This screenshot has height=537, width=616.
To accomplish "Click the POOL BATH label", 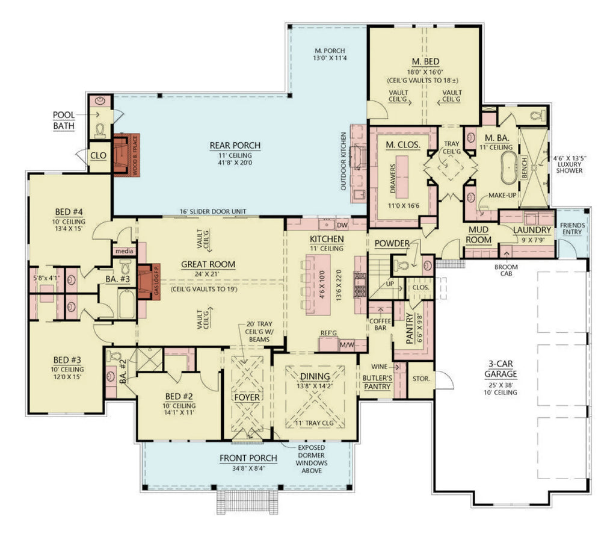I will tap(63, 120).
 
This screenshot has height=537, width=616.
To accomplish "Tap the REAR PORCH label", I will tap(235, 145).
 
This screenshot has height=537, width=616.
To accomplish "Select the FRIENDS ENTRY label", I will tap(572, 229).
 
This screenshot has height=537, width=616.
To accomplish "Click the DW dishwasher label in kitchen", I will tap(342, 225).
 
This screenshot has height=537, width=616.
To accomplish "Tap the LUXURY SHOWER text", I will tap(570, 166).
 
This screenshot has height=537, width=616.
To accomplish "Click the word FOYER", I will tap(247, 397).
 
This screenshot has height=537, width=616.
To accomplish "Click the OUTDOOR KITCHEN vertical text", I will tap(344, 161).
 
